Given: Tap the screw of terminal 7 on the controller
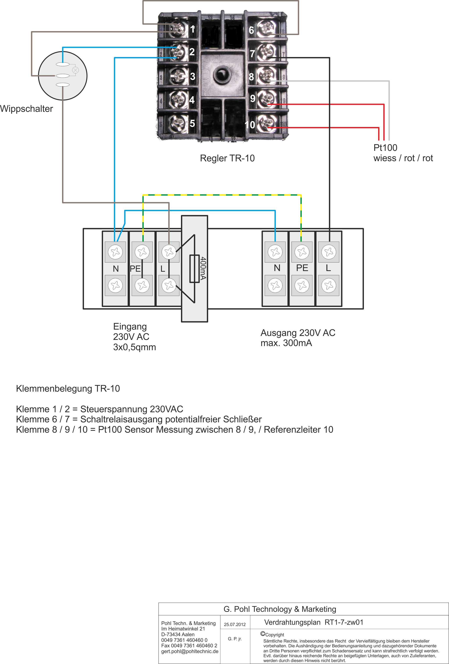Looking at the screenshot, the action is (x=268, y=52).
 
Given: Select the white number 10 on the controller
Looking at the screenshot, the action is (x=250, y=125).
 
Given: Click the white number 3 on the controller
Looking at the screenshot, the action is (x=193, y=76).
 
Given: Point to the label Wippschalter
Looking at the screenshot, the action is (x=27, y=109).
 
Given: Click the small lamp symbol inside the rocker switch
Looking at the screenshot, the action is (x=75, y=70).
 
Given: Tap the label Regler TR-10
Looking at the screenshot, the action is (x=227, y=158).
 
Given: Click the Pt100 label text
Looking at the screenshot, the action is (x=385, y=148).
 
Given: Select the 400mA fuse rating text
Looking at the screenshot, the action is (x=203, y=268).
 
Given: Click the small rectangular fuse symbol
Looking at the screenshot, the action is (x=195, y=269).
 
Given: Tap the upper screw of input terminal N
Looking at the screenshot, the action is (x=115, y=252).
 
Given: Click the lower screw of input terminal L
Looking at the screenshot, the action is (x=169, y=285).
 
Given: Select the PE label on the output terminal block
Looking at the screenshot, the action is (x=302, y=268).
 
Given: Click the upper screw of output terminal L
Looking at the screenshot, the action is (x=329, y=252).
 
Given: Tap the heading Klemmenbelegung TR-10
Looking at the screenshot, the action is (x=68, y=389).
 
